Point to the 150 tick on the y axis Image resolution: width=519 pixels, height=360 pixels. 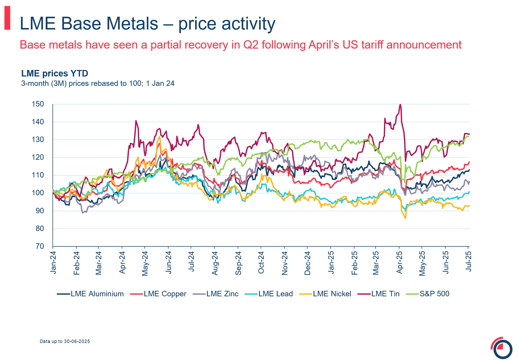[x=38, y=104]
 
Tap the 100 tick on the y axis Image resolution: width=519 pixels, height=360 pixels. [x=38, y=193]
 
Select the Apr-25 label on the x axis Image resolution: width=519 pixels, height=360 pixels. [x=399, y=263]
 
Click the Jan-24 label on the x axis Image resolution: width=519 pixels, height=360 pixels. [x=53, y=263]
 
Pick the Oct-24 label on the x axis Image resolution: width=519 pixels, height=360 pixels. [x=261, y=263]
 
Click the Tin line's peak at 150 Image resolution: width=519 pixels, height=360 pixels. [x=400, y=104]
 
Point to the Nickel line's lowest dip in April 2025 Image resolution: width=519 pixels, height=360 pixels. [x=405, y=218]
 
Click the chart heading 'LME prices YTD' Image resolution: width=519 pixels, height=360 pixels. [x=55, y=74]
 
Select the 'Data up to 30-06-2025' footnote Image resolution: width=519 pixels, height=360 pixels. [x=65, y=341]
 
